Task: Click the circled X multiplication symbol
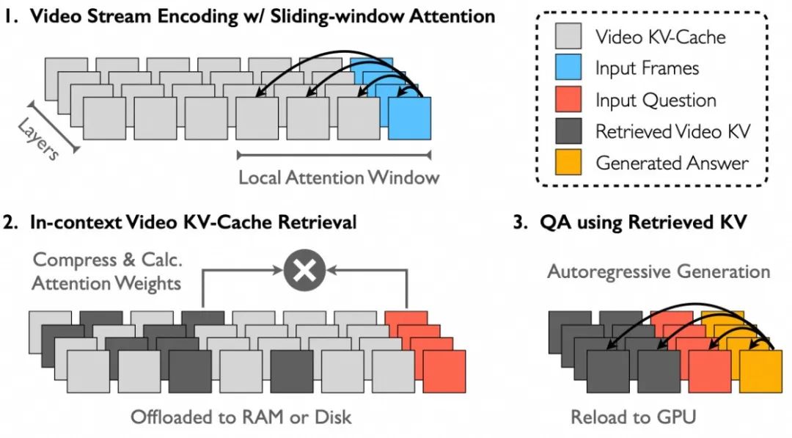pos(304,271)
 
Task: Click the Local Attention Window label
pos(339,177)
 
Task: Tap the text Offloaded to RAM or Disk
pos(241,417)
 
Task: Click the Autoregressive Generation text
pos(659,272)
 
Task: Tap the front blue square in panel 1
pos(409,117)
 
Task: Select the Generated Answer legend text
pos(672,163)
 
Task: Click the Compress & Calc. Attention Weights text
pos(106,271)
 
